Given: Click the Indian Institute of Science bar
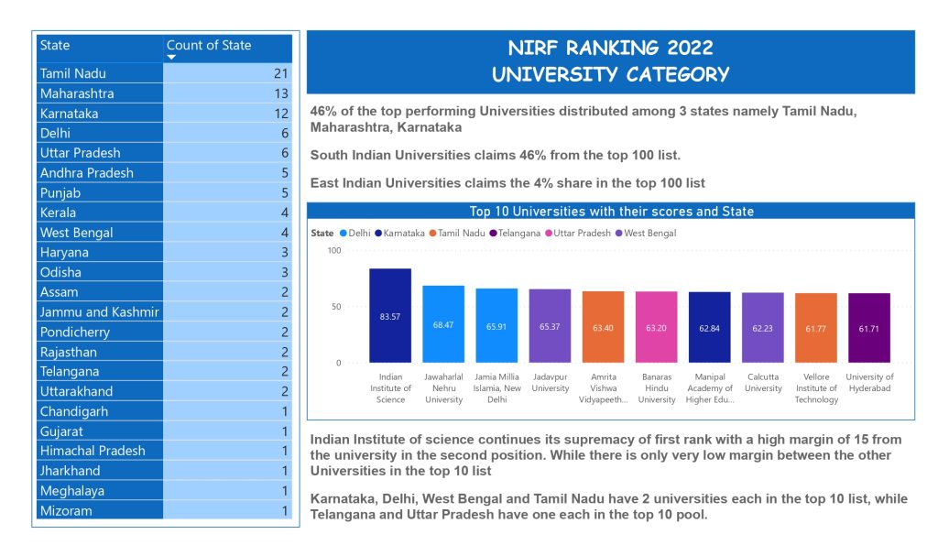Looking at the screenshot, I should click(x=390, y=315).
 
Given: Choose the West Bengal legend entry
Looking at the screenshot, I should click(x=649, y=234).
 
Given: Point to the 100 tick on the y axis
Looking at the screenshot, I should click(x=333, y=251).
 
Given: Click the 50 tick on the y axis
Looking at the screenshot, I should click(x=335, y=307).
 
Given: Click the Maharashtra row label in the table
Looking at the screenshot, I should click(x=77, y=93).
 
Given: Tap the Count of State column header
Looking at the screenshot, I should click(x=209, y=45).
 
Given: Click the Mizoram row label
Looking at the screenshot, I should click(x=66, y=510).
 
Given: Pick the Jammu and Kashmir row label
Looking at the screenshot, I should click(x=99, y=311).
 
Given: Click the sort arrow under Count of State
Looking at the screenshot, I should click(x=171, y=57).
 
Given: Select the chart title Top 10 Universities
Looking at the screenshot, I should click(x=611, y=212).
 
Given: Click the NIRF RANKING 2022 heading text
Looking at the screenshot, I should click(x=610, y=49).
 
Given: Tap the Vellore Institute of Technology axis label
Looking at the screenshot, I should click(x=815, y=388).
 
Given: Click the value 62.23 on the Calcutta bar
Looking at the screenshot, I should click(x=762, y=327).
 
